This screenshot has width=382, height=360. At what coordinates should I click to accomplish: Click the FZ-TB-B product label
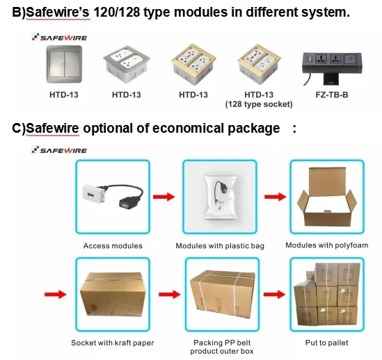pos(332,95)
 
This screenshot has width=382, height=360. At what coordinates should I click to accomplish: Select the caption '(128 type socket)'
pos(259,104)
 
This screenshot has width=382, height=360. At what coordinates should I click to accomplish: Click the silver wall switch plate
pos(64,64)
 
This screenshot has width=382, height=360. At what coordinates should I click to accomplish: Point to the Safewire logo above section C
pos(59,150)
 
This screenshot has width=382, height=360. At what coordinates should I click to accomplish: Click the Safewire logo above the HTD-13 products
pos(59,38)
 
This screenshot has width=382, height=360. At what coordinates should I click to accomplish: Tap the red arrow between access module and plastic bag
pos(164,197)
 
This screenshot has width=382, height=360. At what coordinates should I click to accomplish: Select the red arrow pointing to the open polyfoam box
pos(276,197)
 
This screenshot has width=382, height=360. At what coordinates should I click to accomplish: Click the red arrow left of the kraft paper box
pos(55,294)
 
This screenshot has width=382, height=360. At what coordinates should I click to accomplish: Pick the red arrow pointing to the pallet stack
pos(274,294)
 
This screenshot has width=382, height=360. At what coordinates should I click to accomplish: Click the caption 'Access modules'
pos(113,245)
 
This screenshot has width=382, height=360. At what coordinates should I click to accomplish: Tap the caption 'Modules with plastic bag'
pos(220,246)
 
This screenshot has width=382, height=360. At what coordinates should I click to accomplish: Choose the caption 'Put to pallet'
pos(327,343)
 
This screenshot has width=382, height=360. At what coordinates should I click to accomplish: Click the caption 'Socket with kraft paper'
pos(113,343)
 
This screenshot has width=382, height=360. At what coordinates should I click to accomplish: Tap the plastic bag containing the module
pos(221,197)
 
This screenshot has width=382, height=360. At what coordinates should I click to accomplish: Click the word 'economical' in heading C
pos(188,129)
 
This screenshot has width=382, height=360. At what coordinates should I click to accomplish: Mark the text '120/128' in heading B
pos(116,12)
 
